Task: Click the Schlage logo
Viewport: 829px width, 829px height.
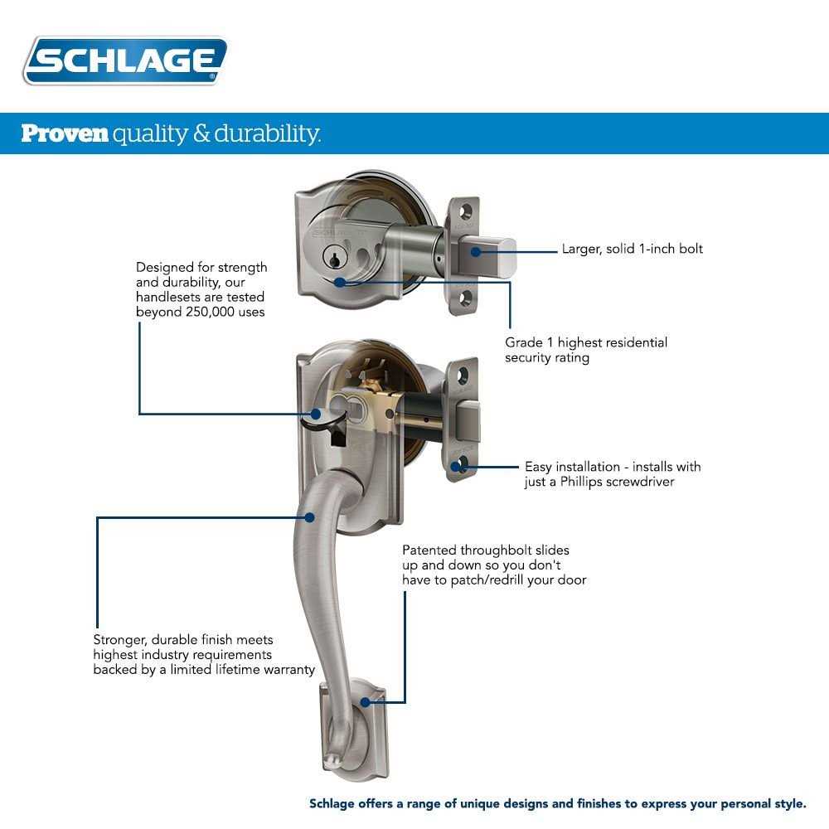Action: tap(124, 61)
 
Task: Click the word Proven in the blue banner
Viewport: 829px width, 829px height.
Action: tap(65, 133)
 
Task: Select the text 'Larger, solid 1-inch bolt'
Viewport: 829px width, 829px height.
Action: tap(632, 249)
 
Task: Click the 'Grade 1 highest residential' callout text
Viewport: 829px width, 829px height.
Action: tap(586, 342)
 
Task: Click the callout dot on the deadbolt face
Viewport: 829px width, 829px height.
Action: tap(340, 282)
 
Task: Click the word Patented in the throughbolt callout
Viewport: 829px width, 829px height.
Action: tap(429, 550)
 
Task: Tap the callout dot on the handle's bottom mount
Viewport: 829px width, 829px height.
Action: tap(365, 702)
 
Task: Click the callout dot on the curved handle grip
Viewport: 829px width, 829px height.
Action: tap(309, 517)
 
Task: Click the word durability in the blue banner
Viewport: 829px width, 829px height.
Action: tap(267, 133)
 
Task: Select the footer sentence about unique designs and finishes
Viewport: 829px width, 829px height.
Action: tap(557, 803)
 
